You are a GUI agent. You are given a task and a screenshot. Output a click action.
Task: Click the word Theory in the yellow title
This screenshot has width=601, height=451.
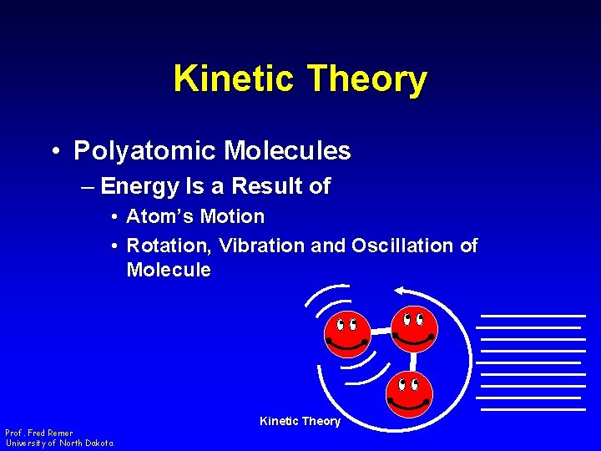point(367,79)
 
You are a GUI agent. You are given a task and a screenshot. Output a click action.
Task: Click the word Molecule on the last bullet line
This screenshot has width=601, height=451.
point(169,271)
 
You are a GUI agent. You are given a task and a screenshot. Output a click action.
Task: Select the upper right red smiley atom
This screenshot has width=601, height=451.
point(414,327)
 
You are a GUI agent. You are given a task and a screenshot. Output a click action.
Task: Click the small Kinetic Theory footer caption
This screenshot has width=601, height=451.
point(300,421)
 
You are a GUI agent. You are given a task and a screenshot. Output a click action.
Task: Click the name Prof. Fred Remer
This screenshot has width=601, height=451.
point(38,433)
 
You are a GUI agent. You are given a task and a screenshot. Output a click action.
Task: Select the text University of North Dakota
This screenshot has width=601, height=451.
point(60,443)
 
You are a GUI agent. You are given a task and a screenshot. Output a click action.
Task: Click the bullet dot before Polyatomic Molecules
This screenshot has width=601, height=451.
point(53,152)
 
